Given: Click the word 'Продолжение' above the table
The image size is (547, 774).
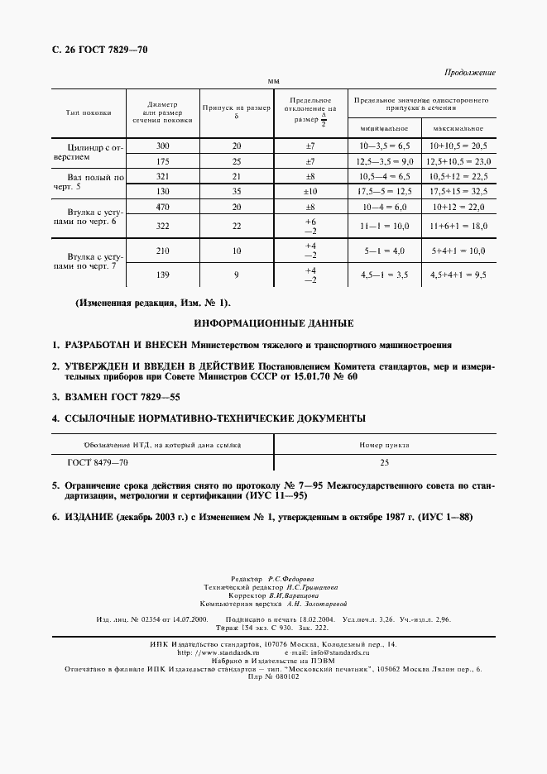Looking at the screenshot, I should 470,73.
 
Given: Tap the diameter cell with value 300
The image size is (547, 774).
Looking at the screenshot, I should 162,146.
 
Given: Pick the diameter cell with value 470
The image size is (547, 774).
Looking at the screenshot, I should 162,208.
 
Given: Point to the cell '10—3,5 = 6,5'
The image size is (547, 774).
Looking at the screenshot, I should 383,146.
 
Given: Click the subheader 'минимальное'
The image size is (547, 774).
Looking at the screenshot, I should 384,129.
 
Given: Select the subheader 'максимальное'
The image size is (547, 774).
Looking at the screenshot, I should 458,129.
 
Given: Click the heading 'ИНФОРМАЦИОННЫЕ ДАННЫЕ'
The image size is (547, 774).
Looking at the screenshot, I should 273,322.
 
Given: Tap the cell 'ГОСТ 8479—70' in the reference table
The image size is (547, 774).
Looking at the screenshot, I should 98,464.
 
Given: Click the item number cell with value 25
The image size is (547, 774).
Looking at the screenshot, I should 384,464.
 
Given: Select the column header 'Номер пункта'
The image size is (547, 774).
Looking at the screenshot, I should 384,445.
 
